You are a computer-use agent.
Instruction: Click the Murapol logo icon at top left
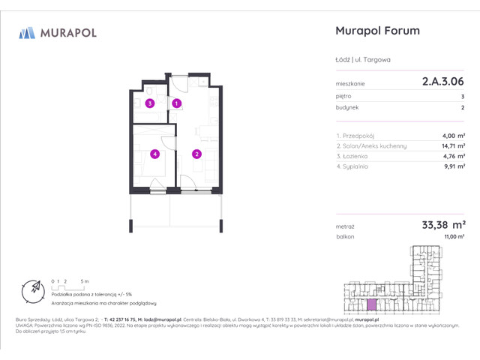(27, 32)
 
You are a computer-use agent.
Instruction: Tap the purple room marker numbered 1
(177, 103)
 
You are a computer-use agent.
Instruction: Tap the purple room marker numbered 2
(196, 154)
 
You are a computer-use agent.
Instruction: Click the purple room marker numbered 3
(150, 103)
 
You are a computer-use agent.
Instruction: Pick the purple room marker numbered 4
(154, 154)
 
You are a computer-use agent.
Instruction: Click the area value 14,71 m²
(451, 145)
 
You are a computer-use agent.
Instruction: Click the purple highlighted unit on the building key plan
(370, 304)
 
